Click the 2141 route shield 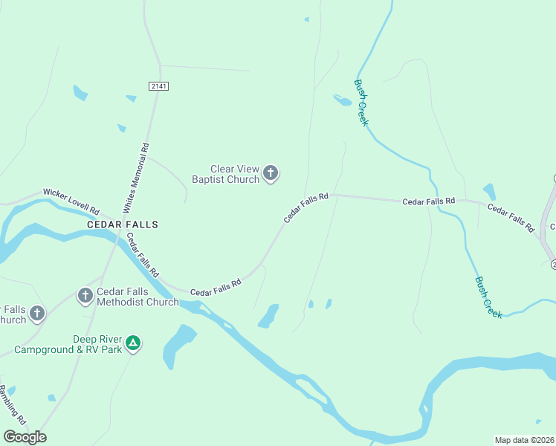point(158,86)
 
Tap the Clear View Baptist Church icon point(271,174)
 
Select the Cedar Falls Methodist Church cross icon point(85,296)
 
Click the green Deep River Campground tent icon point(132,343)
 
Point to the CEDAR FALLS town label point(123,224)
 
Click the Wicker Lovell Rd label point(71,200)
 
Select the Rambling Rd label point(13,405)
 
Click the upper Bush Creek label point(361,103)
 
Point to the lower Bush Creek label point(488,297)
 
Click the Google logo point(25,437)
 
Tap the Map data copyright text point(524,440)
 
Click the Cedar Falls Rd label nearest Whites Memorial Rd point(143,255)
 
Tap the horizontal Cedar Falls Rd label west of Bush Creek point(428,201)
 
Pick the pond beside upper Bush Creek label point(343,100)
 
